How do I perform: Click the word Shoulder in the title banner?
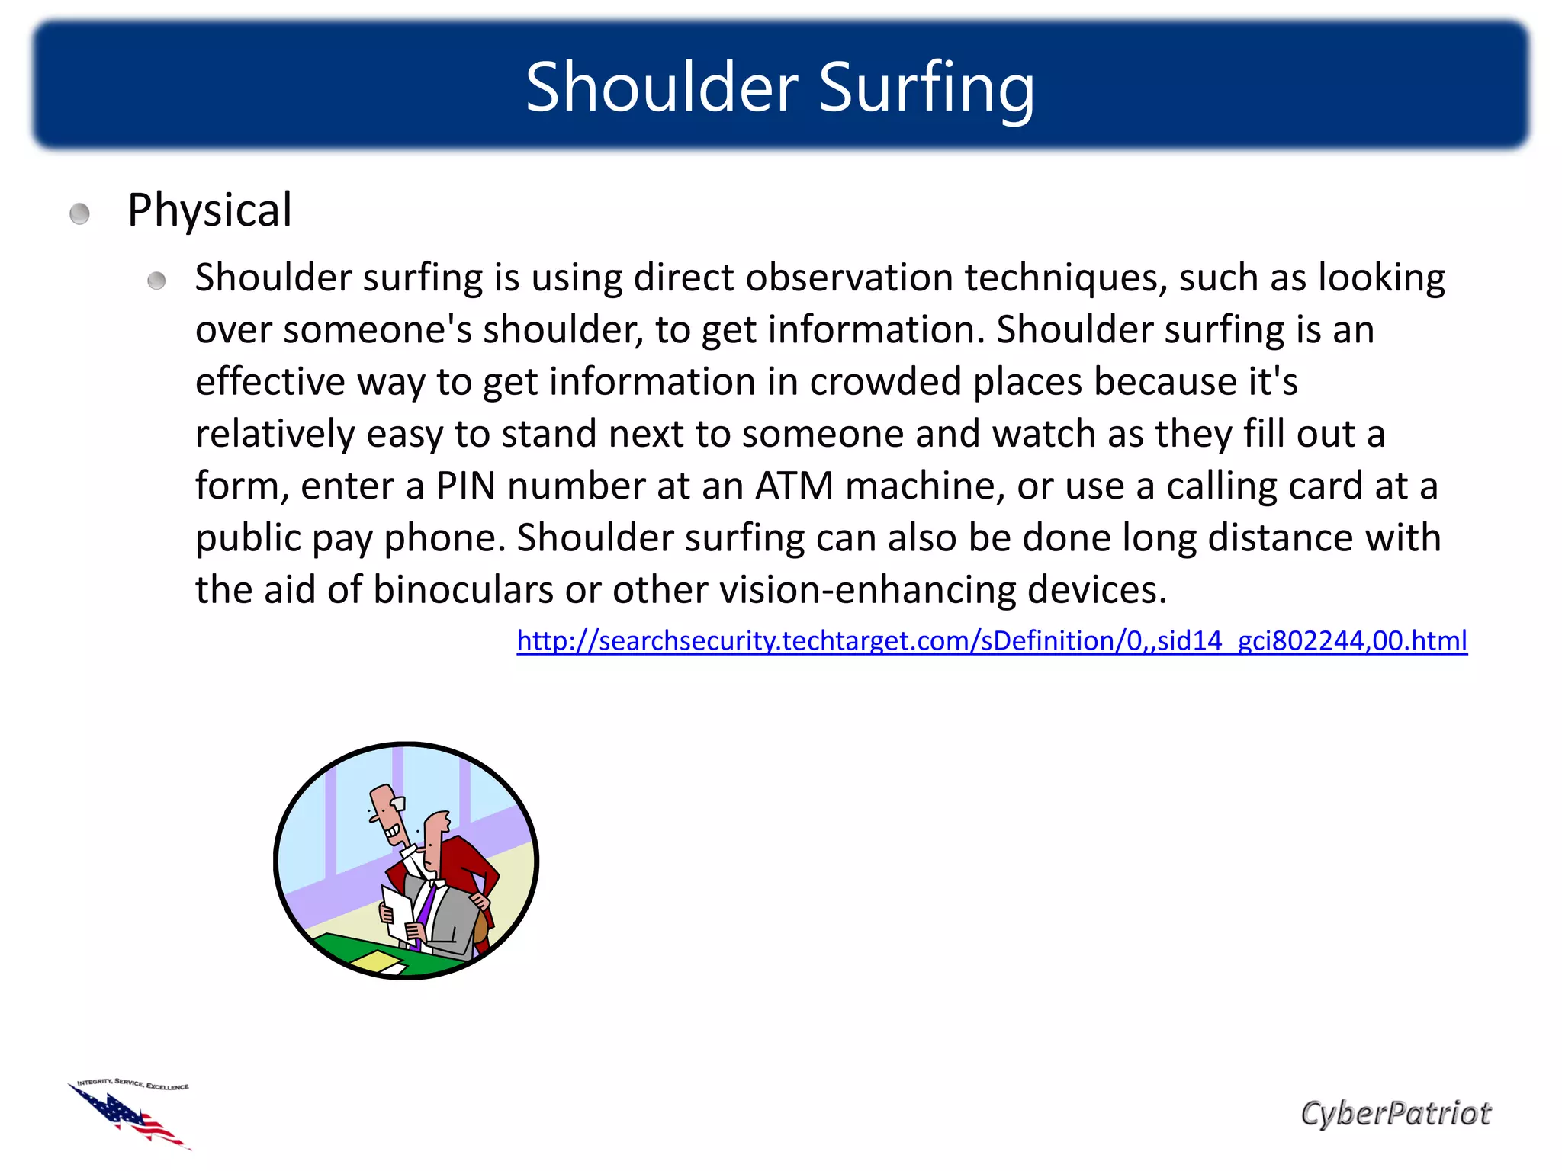coord(662,87)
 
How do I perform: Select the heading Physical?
coord(209,210)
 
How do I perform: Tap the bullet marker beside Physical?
coord(79,213)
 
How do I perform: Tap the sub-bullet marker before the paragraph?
coord(156,281)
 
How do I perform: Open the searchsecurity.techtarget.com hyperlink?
coord(992,640)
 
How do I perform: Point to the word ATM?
coord(794,486)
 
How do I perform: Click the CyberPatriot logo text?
coord(1395,1114)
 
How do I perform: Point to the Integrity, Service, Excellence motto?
coord(133,1084)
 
